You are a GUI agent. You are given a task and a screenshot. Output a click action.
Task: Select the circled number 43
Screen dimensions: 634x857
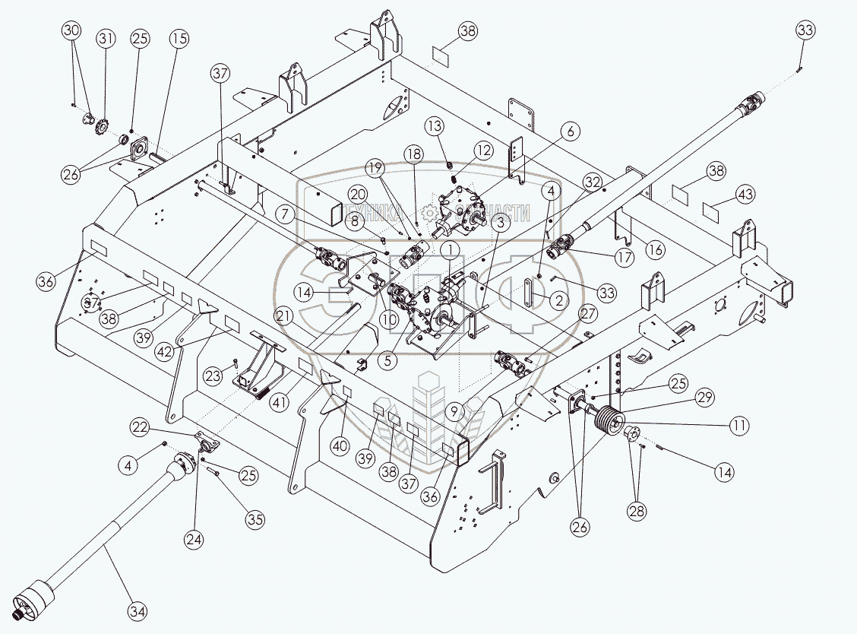coord(746,195)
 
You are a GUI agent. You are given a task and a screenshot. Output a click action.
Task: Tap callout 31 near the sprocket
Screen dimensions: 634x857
coord(106,38)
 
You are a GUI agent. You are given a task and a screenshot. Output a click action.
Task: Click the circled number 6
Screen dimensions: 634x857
coord(571,132)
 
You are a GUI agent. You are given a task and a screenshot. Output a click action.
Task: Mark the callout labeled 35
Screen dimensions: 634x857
coord(255,521)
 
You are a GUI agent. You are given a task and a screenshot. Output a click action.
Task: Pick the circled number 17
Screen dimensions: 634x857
coord(625,258)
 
